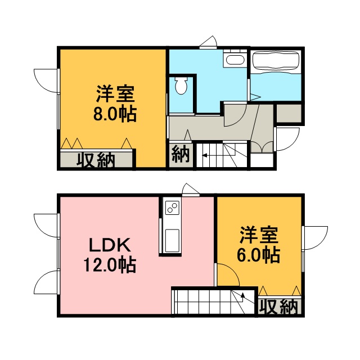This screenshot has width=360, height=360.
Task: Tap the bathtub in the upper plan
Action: coord(276,62)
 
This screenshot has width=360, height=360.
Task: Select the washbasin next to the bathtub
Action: coord(235,59)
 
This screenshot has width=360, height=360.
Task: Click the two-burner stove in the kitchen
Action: coord(172,208)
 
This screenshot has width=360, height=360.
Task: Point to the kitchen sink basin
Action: coord(172,240)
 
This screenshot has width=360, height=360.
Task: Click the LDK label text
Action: coord(110,245)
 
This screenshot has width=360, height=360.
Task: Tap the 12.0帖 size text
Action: coord(110,265)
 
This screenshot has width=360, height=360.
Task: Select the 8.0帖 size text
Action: coord(115,114)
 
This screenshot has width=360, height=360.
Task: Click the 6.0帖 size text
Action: coord(259,255)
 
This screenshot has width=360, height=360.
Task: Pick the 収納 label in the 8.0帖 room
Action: coord(96,160)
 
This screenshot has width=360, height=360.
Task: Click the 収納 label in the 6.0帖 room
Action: coord(279,307)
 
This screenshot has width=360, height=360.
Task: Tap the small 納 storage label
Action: coord(181,154)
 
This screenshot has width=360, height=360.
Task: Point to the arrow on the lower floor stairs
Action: coord(242,298)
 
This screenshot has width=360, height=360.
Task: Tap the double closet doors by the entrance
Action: coord(262,147)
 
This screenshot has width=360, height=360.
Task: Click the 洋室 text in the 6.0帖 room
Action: coord(259,235)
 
